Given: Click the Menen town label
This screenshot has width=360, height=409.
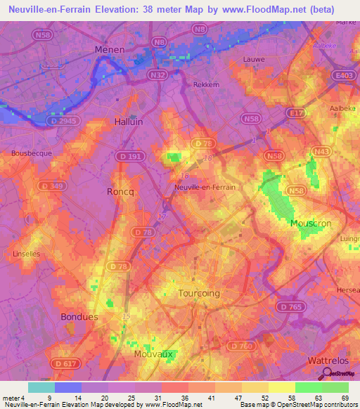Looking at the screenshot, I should [x=110, y=50].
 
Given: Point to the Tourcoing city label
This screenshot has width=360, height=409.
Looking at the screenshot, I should [x=199, y=293].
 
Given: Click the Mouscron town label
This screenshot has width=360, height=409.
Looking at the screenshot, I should [x=311, y=223].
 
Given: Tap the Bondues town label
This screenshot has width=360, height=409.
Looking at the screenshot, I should [x=78, y=316].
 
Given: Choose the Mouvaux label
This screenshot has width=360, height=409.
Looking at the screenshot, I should [x=153, y=354].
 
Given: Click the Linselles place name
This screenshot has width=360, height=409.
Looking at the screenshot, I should [x=27, y=253].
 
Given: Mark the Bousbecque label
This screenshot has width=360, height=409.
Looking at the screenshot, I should [x=28, y=152].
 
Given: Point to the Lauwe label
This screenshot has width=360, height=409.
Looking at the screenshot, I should [x=253, y=60].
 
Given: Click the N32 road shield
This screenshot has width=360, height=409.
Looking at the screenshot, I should [x=157, y=74].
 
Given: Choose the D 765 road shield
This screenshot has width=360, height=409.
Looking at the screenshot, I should [x=288, y=307].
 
